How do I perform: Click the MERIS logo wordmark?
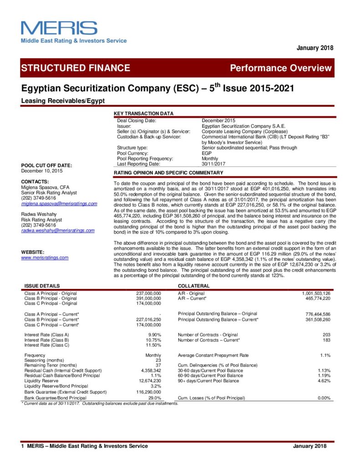pyautogui.click(x=59, y=28)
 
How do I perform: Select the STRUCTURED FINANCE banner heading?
pyautogui.click(x=76, y=68)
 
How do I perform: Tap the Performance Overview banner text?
pyautogui.click(x=281, y=68)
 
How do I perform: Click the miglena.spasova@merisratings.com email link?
pyautogui.click(x=59, y=203)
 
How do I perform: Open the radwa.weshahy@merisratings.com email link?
pyautogui.click(x=58, y=230)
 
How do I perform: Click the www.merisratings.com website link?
pyautogui.click(x=45, y=258)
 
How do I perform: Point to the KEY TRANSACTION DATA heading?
pyautogui.click(x=143, y=113)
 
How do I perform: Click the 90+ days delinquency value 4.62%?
pyautogui.click(x=324, y=380)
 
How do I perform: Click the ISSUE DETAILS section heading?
pyautogui.click(x=42, y=285)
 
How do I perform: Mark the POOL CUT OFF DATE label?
pyautogui.click(x=47, y=165)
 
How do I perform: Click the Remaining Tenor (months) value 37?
pyautogui.click(x=158, y=365)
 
